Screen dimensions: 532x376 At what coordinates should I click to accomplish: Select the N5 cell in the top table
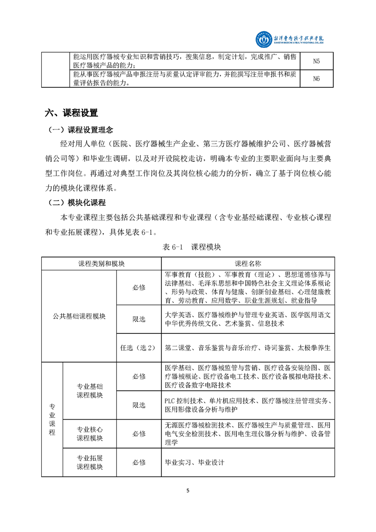click(317, 61)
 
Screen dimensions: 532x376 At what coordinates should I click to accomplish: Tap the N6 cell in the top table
click(317, 79)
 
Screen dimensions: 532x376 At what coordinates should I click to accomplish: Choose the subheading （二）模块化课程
click(76, 202)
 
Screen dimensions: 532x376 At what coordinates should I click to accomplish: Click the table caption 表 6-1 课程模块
click(188, 247)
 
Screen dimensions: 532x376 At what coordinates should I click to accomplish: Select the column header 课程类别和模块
click(101, 263)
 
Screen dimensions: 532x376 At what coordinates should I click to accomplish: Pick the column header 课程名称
click(248, 263)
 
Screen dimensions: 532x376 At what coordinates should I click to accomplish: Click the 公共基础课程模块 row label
click(79, 316)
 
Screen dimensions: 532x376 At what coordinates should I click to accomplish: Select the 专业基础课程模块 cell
click(90, 391)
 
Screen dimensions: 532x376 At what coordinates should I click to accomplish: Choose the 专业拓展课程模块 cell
click(90, 462)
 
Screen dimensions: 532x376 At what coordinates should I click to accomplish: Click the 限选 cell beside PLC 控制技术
click(138, 405)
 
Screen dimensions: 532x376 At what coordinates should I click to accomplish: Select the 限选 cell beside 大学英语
click(138, 319)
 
